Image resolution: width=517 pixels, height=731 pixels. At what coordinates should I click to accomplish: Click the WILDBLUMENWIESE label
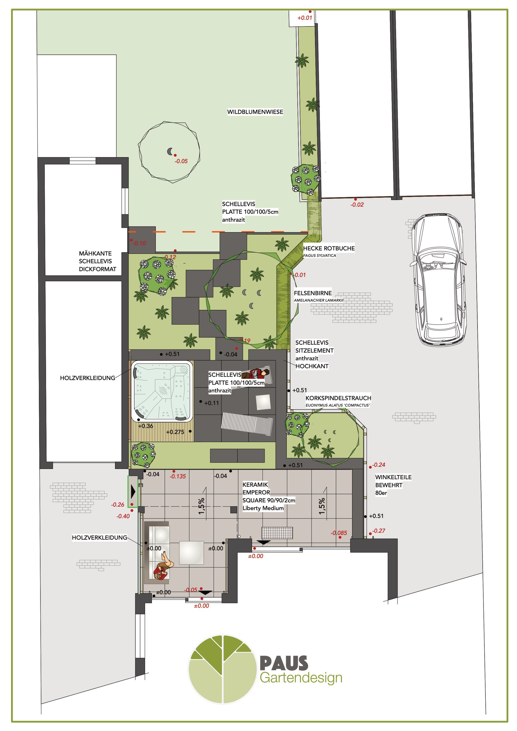pos(255,112)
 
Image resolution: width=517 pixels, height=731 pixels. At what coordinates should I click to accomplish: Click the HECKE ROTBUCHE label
pos(329,248)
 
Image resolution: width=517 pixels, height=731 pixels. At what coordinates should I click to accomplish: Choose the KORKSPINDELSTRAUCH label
pos(338,398)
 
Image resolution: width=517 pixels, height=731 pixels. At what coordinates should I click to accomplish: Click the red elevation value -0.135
pos(178,476)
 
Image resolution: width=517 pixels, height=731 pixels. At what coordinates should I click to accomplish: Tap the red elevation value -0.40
pos(123,516)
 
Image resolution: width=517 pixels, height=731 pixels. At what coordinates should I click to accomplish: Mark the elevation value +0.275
pos(175,432)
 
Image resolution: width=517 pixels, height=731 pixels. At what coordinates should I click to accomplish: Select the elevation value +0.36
pos(145,426)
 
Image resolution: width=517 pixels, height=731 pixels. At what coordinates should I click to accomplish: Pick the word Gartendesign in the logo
pos(301,678)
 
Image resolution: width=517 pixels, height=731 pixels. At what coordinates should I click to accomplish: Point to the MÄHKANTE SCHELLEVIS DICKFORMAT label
pos(97,261)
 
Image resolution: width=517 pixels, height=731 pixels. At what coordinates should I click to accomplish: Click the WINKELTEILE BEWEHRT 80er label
pos(393,485)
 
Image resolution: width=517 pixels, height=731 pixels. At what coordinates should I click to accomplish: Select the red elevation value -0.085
pos(339,533)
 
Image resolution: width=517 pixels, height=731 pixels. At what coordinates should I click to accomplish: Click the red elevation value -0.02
pos(357,205)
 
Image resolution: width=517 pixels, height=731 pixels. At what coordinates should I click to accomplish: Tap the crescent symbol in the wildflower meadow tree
pos(170,151)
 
